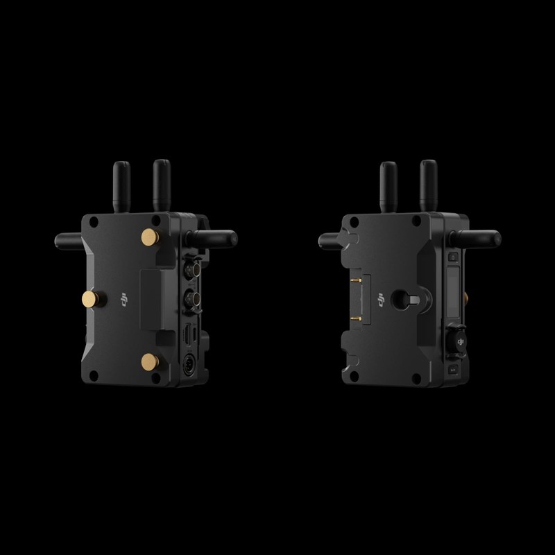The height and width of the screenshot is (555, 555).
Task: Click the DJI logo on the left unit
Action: (126, 299)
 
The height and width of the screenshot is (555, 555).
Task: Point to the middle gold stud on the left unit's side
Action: (88, 299)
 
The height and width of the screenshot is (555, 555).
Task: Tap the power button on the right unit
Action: (452, 257)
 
